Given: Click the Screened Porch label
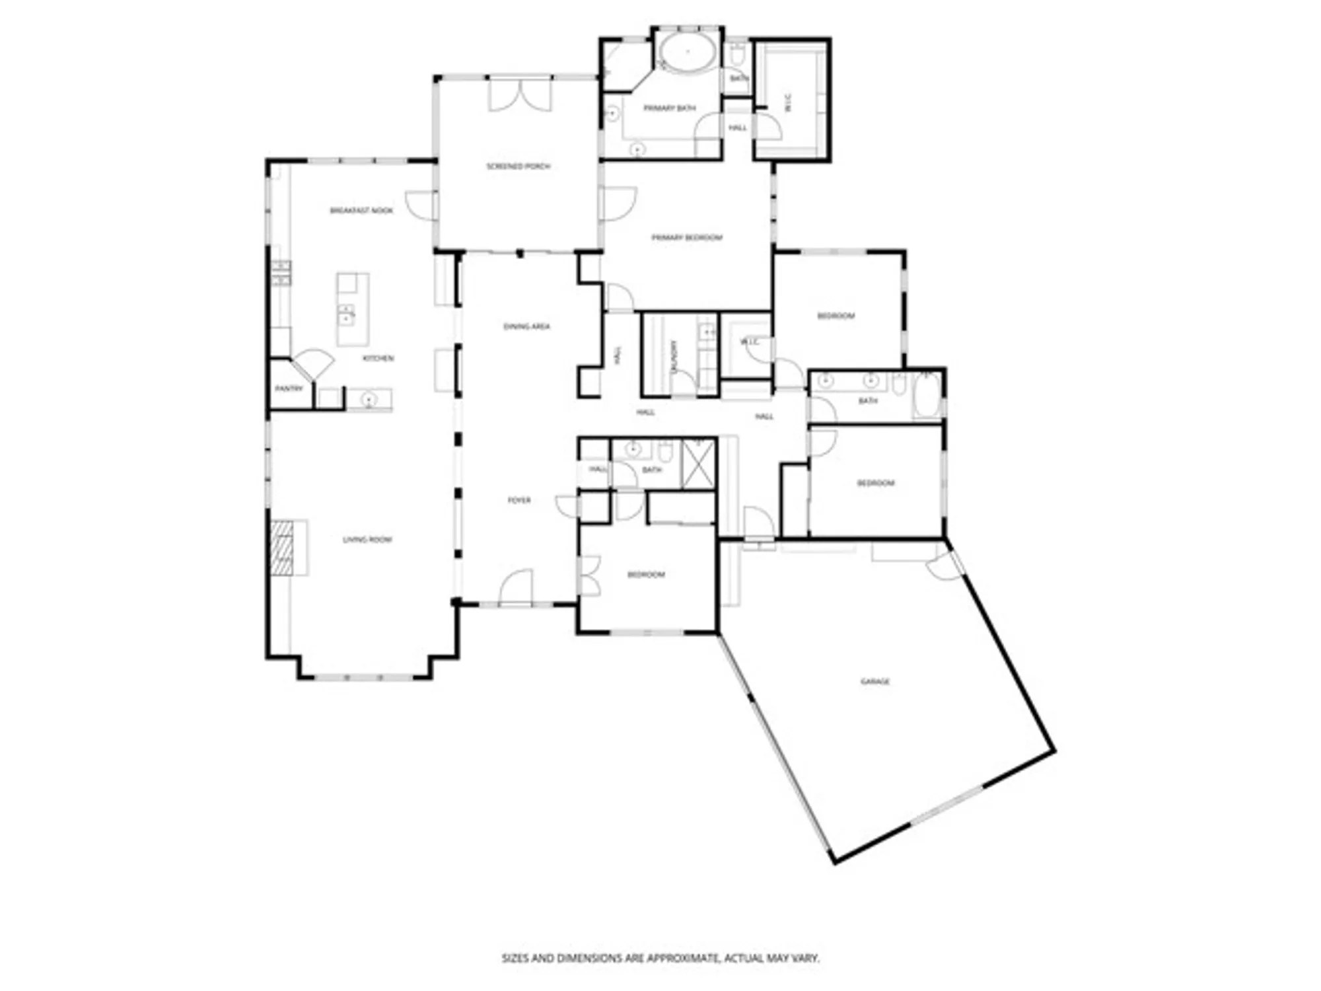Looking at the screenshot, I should pyautogui.click(x=518, y=166).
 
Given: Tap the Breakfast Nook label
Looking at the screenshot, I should pyautogui.click(x=361, y=211).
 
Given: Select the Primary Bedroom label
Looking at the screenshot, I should pyautogui.click(x=687, y=238).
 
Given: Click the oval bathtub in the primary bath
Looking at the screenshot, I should pyautogui.click(x=688, y=52).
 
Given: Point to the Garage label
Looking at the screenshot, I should pyautogui.click(x=875, y=681).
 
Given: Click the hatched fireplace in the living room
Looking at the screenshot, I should pyautogui.click(x=281, y=548).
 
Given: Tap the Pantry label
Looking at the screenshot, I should pyautogui.click(x=289, y=388).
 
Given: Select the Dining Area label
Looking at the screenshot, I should pyautogui.click(x=526, y=326).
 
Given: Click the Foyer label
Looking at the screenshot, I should pyautogui.click(x=518, y=500).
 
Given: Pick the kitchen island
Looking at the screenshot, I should pyautogui.click(x=353, y=309).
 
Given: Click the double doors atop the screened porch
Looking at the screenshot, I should pyautogui.click(x=520, y=96).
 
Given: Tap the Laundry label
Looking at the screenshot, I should pyautogui.click(x=674, y=357).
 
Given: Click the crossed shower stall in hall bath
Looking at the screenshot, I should pyautogui.click(x=698, y=464).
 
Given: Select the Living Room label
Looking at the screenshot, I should pyautogui.click(x=367, y=540).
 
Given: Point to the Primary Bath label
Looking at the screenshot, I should pyautogui.click(x=669, y=108).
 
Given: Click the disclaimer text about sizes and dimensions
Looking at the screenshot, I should pyautogui.click(x=660, y=957).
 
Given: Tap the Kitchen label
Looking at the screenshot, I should pyautogui.click(x=378, y=358).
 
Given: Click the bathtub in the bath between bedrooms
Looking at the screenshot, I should pyautogui.click(x=927, y=395).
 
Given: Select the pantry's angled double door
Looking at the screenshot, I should pyautogui.click(x=314, y=363).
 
